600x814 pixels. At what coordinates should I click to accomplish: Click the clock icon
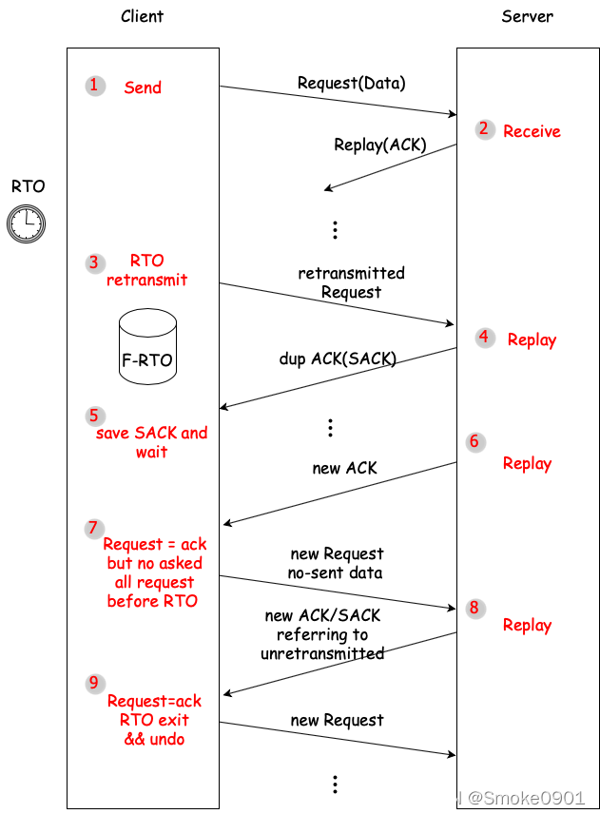[x=26, y=223]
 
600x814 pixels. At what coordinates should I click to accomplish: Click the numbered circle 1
[x=94, y=86]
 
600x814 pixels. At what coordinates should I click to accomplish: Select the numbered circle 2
[x=484, y=129]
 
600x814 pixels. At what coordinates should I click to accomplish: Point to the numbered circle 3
[x=94, y=262]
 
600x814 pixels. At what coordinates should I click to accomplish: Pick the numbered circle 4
[x=484, y=338]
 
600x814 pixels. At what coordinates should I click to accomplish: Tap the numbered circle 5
[x=94, y=416]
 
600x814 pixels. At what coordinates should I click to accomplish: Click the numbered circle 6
[x=474, y=442]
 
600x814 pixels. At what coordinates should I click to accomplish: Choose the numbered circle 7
[x=93, y=529]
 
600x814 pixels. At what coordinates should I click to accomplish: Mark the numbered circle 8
[x=474, y=609]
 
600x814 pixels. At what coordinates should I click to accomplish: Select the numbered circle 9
[x=94, y=683]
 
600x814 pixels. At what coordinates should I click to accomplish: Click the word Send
[x=143, y=87]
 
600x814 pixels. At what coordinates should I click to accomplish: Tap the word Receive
[x=532, y=131]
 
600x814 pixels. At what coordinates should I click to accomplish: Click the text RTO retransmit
[x=147, y=270]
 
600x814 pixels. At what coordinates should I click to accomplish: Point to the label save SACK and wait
[x=151, y=442]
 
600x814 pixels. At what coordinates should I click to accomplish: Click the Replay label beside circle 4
[x=532, y=339]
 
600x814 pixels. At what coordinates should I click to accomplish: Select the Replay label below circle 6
[x=527, y=463]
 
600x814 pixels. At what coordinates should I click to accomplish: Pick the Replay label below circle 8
[x=527, y=625]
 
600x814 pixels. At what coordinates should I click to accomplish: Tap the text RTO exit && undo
[x=154, y=729]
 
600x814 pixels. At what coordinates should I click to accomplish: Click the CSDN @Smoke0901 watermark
[x=498, y=798]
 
